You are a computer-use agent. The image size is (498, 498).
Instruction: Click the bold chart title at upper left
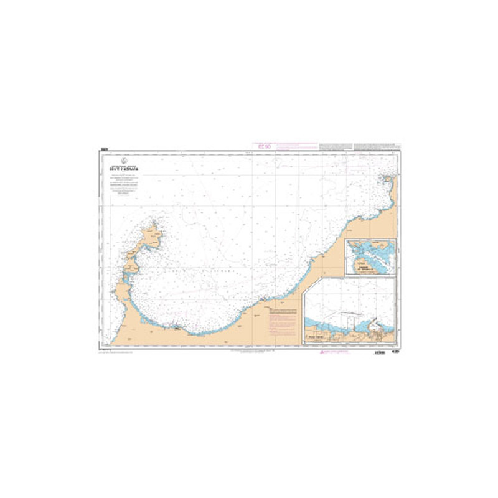pos(125,168)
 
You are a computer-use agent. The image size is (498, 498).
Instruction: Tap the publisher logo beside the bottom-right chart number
pos(377,353)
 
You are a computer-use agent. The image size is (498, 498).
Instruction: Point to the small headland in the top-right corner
pos(388,181)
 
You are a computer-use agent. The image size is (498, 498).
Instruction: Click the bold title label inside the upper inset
pos(360,269)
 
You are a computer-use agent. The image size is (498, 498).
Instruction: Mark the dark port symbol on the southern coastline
pos(176,324)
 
